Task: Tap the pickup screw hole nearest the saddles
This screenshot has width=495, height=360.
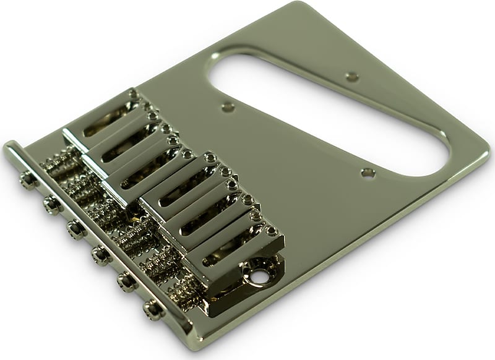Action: pyautogui.click(x=228, y=107)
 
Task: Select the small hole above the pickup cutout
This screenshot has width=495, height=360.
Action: pyautogui.click(x=352, y=77)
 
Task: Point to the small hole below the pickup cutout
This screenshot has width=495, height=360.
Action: pyautogui.click(x=368, y=173)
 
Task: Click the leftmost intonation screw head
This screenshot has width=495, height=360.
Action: pyautogui.click(x=27, y=180)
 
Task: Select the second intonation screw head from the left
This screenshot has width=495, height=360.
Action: pyautogui.click(x=52, y=204)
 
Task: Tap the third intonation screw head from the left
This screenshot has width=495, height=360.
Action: pyautogui.click(x=75, y=229)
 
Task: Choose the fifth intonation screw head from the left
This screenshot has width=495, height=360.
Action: pyautogui.click(x=126, y=281)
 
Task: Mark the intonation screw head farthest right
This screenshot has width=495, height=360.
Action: pyautogui.click(x=152, y=309)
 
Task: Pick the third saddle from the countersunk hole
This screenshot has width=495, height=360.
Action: pyautogui.click(x=186, y=195)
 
